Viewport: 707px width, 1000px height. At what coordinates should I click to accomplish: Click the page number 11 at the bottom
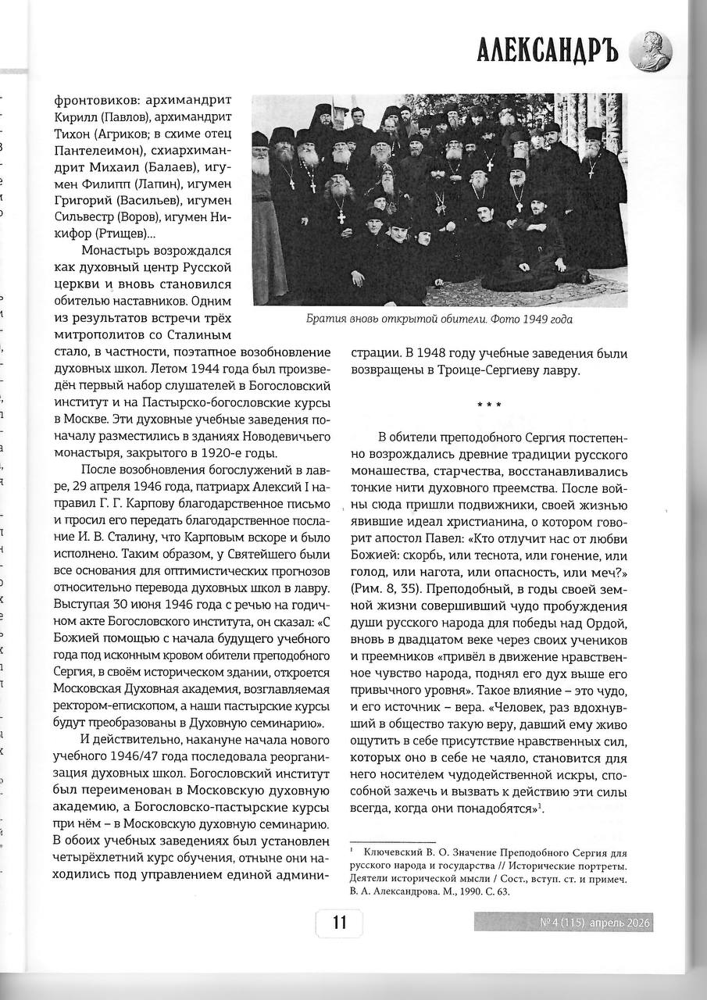(x=339, y=923)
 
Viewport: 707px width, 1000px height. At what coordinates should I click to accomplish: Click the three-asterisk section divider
(x=488, y=405)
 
